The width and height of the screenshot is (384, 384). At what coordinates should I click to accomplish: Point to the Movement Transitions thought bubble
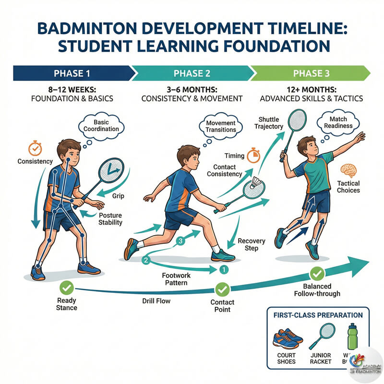tap(220, 127)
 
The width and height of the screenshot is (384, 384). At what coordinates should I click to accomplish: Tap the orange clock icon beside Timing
tap(252, 155)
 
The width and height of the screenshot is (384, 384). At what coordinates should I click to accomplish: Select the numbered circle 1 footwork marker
tap(222, 270)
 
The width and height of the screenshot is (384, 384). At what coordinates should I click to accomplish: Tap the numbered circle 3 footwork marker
tap(180, 242)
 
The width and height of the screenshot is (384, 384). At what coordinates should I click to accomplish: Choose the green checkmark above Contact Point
tap(222, 289)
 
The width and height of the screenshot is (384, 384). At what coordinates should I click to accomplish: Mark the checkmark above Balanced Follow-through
tap(316, 274)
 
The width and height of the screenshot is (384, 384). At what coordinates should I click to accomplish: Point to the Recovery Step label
tap(248, 244)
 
